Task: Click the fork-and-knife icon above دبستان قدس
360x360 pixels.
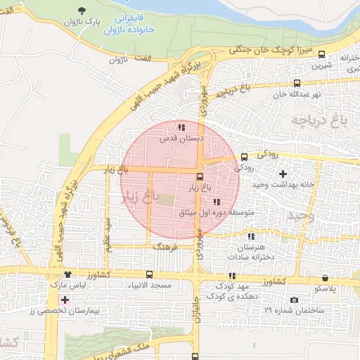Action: pyautogui.click(x=181, y=128)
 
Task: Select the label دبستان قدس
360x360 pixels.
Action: pyautogui.click(x=181, y=139)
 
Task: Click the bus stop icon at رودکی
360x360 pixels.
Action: pyautogui.click(x=244, y=157)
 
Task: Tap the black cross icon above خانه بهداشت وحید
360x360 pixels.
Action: pyautogui.click(x=283, y=173)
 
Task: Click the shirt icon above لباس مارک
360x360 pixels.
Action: pyautogui.click(x=68, y=275)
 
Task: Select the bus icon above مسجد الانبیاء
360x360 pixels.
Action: pyautogui.click(x=149, y=275)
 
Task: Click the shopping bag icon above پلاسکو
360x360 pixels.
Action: pyautogui.click(x=325, y=278)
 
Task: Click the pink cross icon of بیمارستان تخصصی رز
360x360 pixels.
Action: pyautogui.click(x=65, y=300)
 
